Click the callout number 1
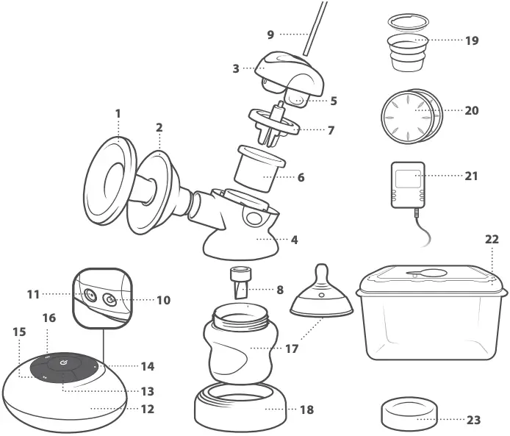117,114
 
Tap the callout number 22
492,240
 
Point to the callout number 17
292,349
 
